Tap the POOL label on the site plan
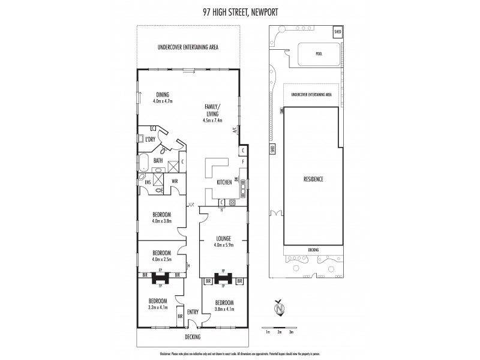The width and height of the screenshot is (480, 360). [x=319, y=53]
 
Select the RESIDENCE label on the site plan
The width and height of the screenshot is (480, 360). [x=313, y=179]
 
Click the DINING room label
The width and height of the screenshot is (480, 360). [x=163, y=94]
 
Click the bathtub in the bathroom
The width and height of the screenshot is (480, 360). [x=145, y=161]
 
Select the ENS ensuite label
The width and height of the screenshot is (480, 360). [x=147, y=182]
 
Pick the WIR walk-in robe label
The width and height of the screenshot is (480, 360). [x=175, y=182]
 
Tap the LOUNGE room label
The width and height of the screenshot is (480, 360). [x=223, y=238]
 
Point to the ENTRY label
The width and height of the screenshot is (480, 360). [x=193, y=312]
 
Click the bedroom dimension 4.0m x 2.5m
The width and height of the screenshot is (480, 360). [x=162, y=259]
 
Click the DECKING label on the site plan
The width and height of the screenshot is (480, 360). [x=314, y=250]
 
